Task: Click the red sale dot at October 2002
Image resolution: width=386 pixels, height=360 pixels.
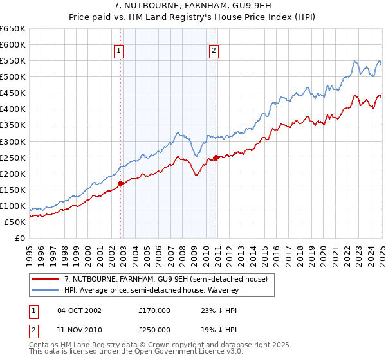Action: coord(120,183)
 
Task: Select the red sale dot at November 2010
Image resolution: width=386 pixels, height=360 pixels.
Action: coord(216,157)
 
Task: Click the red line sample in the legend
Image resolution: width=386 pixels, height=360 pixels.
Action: coord(46,279)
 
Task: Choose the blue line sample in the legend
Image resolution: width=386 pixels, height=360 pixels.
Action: coord(46,291)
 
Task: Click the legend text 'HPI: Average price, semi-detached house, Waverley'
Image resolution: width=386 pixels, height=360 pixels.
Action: coord(152,291)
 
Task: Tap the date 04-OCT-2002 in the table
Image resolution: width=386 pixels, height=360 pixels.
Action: coord(79,310)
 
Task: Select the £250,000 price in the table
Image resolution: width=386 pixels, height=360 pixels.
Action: coord(154,328)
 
